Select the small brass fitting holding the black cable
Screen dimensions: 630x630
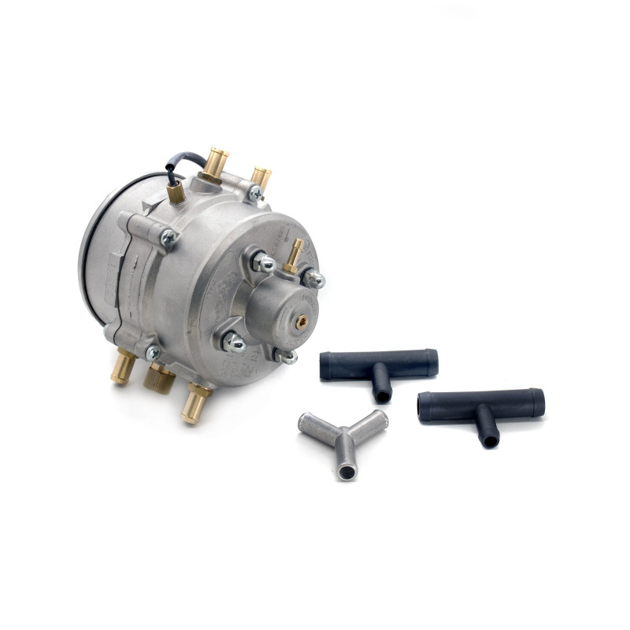point(176,190)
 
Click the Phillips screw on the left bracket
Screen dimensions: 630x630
point(168,238)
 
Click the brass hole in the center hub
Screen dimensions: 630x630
point(302,321)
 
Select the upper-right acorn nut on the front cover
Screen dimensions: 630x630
point(314,279)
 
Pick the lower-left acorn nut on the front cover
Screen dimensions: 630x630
point(233,343)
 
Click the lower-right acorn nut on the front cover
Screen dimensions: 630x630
point(287,356)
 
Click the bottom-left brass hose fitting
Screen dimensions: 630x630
point(123,368)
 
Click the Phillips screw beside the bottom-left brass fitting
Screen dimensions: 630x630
point(153,352)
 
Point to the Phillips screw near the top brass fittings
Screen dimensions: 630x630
point(254,193)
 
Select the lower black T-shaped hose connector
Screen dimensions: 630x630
point(481,406)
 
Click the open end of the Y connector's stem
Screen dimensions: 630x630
point(346,472)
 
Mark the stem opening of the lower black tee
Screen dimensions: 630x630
point(490,440)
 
